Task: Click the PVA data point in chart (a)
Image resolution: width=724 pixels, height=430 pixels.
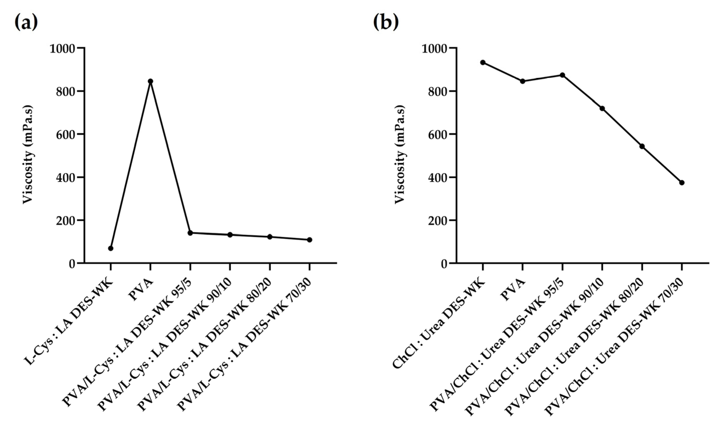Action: (150, 81)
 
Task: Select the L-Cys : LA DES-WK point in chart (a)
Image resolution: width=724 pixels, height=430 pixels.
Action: (111, 248)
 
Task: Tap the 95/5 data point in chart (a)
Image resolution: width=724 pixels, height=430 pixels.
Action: (190, 233)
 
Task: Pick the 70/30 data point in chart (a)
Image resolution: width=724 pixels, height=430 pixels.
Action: (309, 240)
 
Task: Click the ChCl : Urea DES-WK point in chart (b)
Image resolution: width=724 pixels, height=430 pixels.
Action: (482, 62)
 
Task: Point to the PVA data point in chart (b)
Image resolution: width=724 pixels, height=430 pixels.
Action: (522, 81)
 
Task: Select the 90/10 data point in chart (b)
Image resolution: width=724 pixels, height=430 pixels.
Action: (602, 108)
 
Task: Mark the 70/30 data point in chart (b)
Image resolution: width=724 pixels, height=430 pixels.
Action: (682, 183)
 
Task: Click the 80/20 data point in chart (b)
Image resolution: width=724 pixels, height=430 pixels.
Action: (642, 146)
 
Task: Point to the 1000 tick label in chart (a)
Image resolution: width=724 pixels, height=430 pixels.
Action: (62, 48)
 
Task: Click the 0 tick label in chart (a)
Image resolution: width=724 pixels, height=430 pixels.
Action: (72, 264)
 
